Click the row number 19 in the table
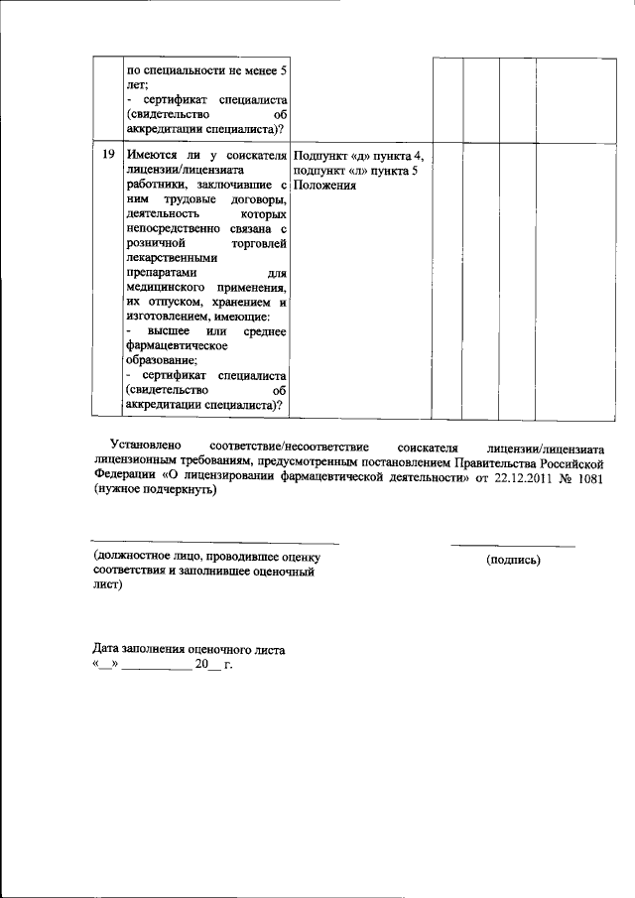[x=107, y=155]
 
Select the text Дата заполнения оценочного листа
[x=190, y=650]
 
